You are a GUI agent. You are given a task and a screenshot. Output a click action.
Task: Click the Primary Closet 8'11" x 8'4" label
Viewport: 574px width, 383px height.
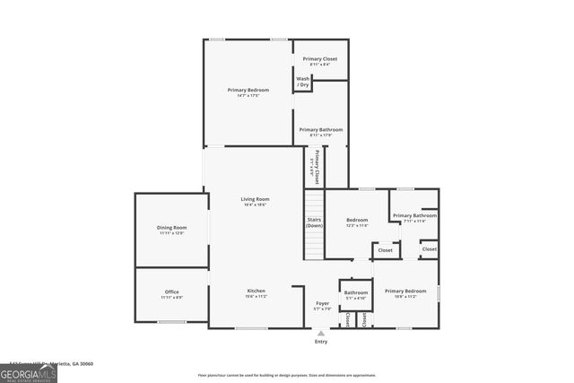(319, 61)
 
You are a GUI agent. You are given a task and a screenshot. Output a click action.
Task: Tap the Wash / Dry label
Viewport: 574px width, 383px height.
(303, 82)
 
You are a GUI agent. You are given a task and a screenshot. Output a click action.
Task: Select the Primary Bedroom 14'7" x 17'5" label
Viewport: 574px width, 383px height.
(248, 92)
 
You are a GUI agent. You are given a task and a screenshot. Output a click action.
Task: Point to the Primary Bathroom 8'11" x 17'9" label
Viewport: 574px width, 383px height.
(320, 132)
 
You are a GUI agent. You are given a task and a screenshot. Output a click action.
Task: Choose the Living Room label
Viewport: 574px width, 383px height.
(255, 202)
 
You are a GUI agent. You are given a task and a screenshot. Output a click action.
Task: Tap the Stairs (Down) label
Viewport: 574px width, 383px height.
(314, 222)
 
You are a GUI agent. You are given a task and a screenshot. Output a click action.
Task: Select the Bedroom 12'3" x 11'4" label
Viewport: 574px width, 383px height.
(357, 222)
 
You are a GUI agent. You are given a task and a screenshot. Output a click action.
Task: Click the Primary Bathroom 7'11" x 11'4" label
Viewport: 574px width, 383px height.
(413, 218)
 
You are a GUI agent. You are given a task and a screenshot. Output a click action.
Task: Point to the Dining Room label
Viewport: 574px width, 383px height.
(172, 230)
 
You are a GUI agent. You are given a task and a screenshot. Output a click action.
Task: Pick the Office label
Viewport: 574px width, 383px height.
(171, 294)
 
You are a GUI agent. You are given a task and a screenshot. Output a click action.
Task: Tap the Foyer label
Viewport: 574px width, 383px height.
(322, 307)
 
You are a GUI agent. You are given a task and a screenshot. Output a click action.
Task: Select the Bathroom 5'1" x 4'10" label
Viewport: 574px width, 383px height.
(356, 295)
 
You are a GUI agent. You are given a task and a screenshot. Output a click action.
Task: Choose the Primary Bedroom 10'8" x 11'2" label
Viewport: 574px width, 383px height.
(405, 293)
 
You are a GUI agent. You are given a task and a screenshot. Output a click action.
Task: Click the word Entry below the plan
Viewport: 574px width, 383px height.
(320, 342)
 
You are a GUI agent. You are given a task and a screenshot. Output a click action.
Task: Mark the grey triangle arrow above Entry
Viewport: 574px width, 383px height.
(320, 333)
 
